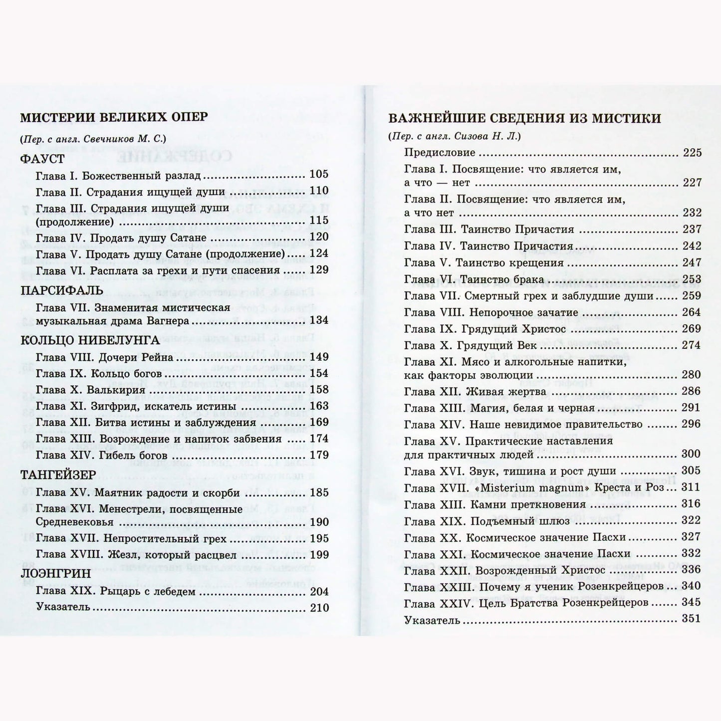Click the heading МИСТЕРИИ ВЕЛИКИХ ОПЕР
pos(114,117)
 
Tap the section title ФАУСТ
pos(42,159)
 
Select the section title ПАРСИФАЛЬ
pos(62,290)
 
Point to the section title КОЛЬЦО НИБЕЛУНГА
pos(90,340)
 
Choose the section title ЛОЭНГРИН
pos(56,573)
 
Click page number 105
pos(319,174)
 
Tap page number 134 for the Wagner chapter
pos(319,320)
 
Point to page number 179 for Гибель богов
pos(319,455)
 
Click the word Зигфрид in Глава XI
pos(119,406)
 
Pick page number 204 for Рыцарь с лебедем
pos(319,591)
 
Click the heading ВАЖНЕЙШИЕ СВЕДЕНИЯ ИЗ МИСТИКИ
pos(524,119)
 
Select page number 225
pos(692,153)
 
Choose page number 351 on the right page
pos(691,619)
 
